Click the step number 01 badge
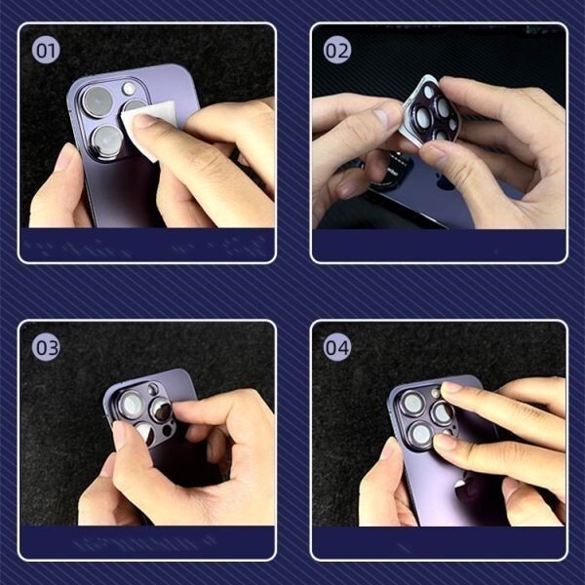coord(46,51)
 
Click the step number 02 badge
coord(337,50)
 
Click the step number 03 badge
coord(46,347)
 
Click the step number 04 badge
coord(337,347)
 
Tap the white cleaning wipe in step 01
coord(149,123)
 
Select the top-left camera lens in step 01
coord(97,101)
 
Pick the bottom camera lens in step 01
coord(107,140)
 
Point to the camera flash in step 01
coord(129,89)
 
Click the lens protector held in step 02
coord(432,110)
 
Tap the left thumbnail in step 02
coord(382,117)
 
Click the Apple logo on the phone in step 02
coord(445,181)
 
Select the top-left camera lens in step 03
coord(132,405)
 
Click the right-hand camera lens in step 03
coord(162,410)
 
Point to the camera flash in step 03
coord(153,389)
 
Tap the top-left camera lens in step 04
coord(413,404)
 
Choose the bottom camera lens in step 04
coord(421,435)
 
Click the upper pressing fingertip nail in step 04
coord(451,387)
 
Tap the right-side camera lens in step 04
coord(442,413)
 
